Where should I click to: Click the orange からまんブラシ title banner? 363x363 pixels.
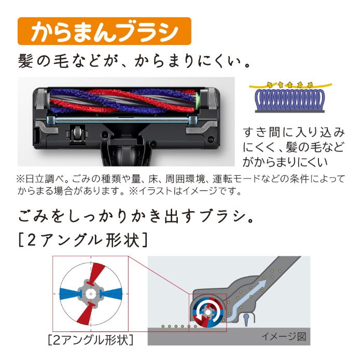pos(104,31)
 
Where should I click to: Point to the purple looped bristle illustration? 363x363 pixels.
pos(289,100)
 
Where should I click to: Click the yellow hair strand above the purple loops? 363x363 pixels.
pos(290,86)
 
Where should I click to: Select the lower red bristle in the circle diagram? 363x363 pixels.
pos(85,313)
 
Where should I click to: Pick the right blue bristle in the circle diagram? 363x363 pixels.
pos(112,294)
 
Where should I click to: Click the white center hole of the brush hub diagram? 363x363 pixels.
pos(91,294)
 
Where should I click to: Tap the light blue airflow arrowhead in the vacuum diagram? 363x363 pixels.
pos(261,284)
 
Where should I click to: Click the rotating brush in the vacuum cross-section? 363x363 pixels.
pos(207,313)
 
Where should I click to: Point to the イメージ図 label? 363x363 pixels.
pos(284,337)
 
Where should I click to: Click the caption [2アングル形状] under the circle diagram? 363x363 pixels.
pos(91,340)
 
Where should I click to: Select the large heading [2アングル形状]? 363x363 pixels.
pos(83,240)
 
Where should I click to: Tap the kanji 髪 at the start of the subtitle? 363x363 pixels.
pos(25,61)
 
